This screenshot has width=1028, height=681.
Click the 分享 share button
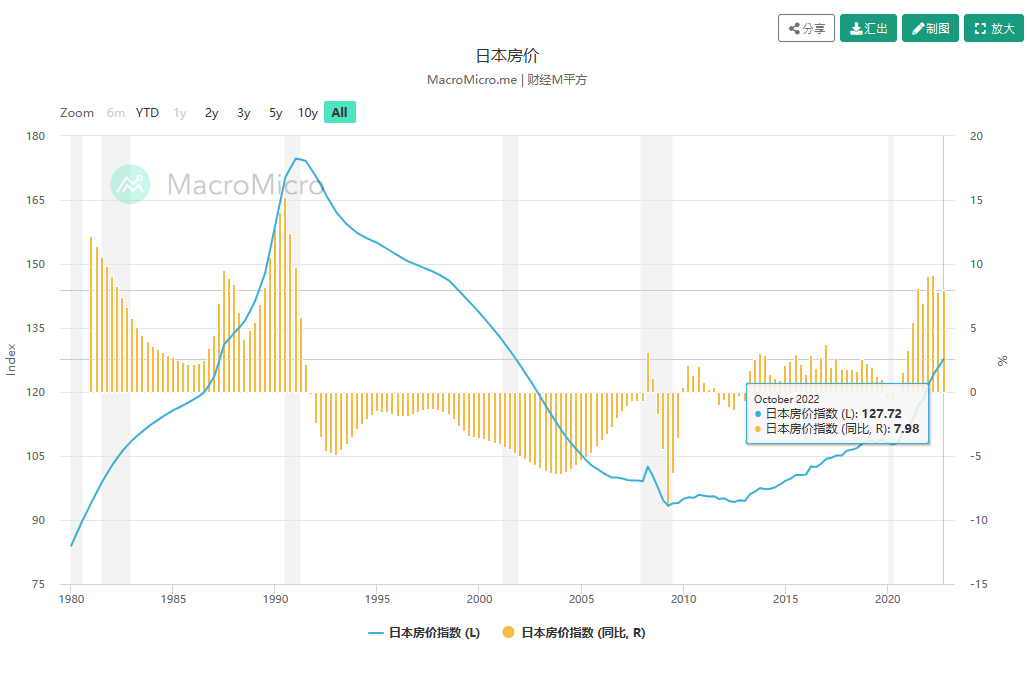806,28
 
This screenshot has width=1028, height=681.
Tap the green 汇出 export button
868,28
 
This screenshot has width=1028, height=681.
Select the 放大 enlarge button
993,28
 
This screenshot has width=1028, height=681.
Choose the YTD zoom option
147,113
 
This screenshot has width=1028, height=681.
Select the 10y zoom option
307,113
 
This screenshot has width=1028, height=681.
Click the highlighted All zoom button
339,113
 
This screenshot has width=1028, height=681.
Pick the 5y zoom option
276,113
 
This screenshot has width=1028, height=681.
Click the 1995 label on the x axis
376,599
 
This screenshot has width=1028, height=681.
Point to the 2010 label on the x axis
683,599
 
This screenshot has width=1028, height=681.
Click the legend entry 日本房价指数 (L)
424,633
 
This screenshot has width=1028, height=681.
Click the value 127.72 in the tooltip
884,413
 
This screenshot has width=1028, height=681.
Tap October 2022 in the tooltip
786,399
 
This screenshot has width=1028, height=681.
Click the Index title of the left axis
12,360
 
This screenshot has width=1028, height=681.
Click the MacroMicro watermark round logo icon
130,184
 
